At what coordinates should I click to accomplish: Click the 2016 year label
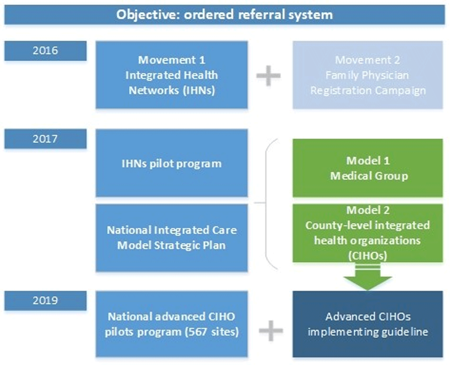(45, 51)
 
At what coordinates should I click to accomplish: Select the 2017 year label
(45, 139)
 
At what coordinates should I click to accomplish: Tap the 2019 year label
(45, 301)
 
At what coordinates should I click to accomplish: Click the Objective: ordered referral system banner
(225, 15)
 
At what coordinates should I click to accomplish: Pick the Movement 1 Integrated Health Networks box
(171, 75)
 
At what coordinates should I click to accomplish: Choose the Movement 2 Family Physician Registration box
(367, 75)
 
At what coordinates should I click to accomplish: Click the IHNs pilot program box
(171, 163)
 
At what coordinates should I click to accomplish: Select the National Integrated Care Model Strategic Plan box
(171, 238)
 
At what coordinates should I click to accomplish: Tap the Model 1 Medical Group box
(367, 168)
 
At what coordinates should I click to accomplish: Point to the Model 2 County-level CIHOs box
(367, 233)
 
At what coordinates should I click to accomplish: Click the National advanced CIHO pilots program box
(171, 324)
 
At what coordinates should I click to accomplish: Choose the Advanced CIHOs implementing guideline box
(367, 324)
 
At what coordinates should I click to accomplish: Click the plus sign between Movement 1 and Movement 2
(268, 76)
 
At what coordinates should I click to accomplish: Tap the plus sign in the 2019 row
(271, 331)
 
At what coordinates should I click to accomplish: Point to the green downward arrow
(367, 277)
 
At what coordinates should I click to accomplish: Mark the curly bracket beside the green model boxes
(266, 204)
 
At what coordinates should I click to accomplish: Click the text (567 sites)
(212, 332)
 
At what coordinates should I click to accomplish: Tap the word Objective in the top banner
(148, 15)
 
